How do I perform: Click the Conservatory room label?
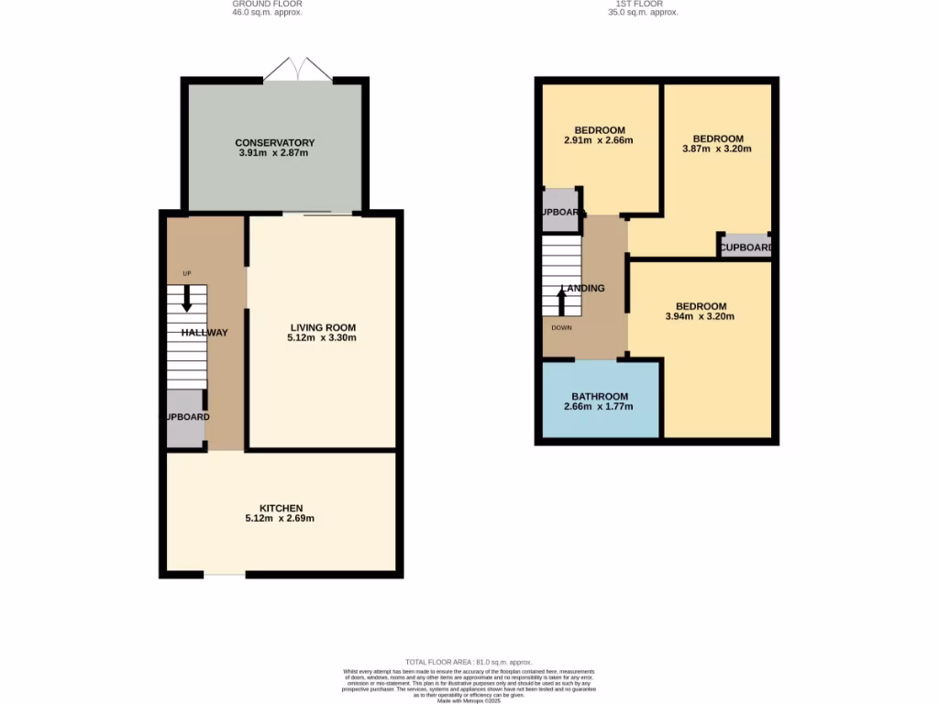274,143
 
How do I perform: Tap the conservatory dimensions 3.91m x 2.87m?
274,153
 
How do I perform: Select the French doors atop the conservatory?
297,71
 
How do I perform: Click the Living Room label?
323,327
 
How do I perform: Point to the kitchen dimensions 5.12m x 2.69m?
280,519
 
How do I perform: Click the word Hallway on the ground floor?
204,333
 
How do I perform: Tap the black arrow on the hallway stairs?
187,298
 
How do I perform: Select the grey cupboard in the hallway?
185,418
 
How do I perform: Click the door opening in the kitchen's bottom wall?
225,575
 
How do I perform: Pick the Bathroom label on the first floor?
600,396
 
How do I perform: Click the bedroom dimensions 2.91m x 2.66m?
599,140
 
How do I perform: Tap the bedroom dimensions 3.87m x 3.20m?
717,148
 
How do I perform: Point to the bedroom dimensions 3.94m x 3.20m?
701,316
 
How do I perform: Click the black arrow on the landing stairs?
561,302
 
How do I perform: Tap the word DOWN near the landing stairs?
561,327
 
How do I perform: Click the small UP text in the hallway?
187,273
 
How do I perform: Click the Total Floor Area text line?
469,662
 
